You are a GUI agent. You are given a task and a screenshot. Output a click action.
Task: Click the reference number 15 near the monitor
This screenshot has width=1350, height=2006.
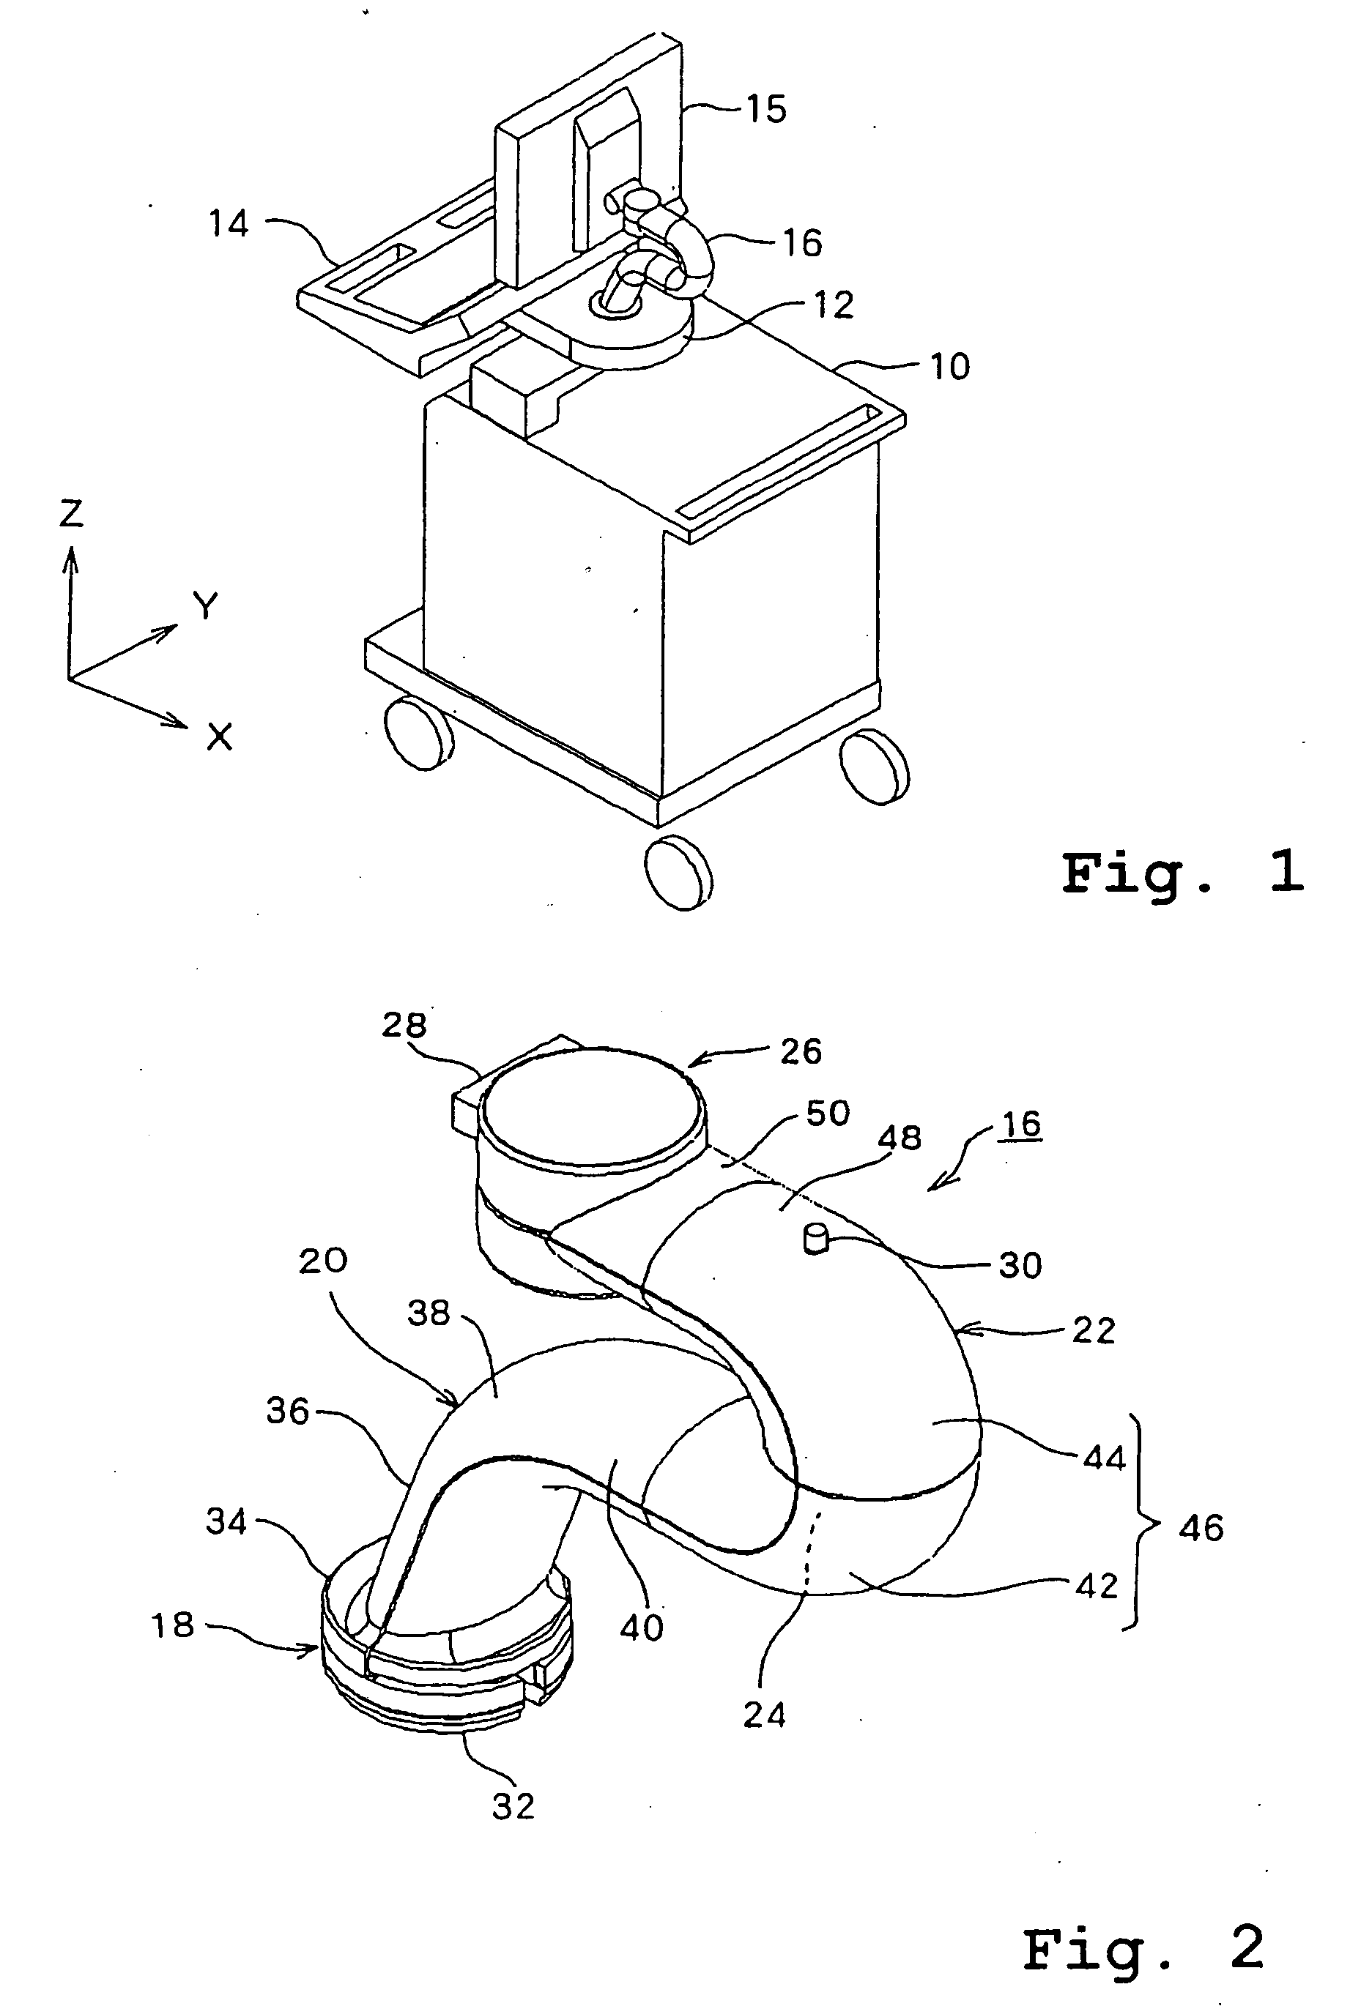tap(765, 109)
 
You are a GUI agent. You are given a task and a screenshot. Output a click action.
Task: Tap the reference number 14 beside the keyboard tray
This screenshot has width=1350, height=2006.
tap(229, 224)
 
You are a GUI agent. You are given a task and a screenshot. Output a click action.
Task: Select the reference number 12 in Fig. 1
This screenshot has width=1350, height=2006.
tap(833, 305)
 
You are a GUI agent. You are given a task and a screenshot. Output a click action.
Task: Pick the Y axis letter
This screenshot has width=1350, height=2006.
tap(206, 607)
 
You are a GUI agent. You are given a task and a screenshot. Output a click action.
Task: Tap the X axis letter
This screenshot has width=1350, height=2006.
tap(220, 737)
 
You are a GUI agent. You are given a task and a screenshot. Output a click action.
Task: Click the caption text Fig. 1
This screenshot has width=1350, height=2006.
tap(1183, 872)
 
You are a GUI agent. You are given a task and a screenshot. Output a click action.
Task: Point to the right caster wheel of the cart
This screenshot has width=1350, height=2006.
tap(874, 767)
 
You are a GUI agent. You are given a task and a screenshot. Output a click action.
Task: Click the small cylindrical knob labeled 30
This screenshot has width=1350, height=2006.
tap(815, 1239)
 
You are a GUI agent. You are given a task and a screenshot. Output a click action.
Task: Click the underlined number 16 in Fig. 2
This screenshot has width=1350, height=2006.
tap(1021, 1124)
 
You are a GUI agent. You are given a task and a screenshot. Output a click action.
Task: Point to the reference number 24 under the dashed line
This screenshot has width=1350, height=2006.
tap(765, 1715)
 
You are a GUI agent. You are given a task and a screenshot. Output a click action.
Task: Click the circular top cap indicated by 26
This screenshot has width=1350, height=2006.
tap(593, 1103)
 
